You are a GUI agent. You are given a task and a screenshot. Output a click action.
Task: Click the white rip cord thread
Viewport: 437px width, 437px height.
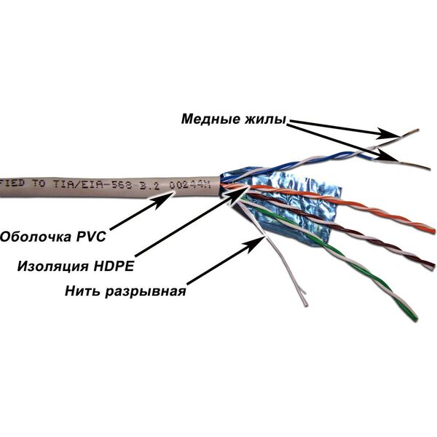[x=288, y=269]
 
